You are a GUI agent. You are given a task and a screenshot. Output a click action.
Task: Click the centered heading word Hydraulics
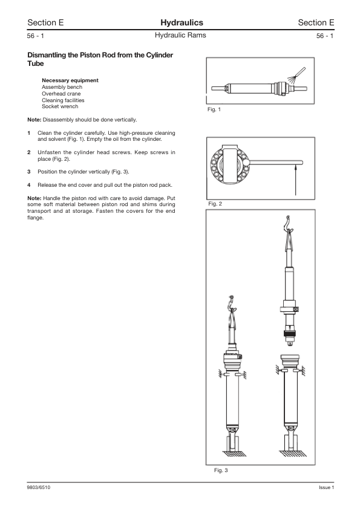coord(180,22)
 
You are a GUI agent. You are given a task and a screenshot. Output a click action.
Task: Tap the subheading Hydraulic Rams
coord(180,36)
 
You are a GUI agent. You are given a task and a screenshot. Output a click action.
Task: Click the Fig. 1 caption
coord(214,109)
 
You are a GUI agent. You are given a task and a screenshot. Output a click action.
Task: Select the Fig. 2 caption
coord(214,204)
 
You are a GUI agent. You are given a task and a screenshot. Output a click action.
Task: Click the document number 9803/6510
coord(38,488)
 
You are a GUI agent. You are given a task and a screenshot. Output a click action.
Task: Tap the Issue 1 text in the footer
coord(326,488)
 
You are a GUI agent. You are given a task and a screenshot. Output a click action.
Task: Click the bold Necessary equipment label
coord(70,80)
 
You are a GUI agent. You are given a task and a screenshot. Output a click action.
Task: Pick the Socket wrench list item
coord(59,106)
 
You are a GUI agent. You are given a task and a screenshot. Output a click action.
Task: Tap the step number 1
coord(29,132)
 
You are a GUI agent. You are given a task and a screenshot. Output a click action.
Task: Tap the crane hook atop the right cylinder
coord(288,227)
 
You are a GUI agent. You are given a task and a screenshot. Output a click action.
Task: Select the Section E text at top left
coord(45,22)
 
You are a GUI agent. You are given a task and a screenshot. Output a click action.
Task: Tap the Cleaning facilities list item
coord(63,100)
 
